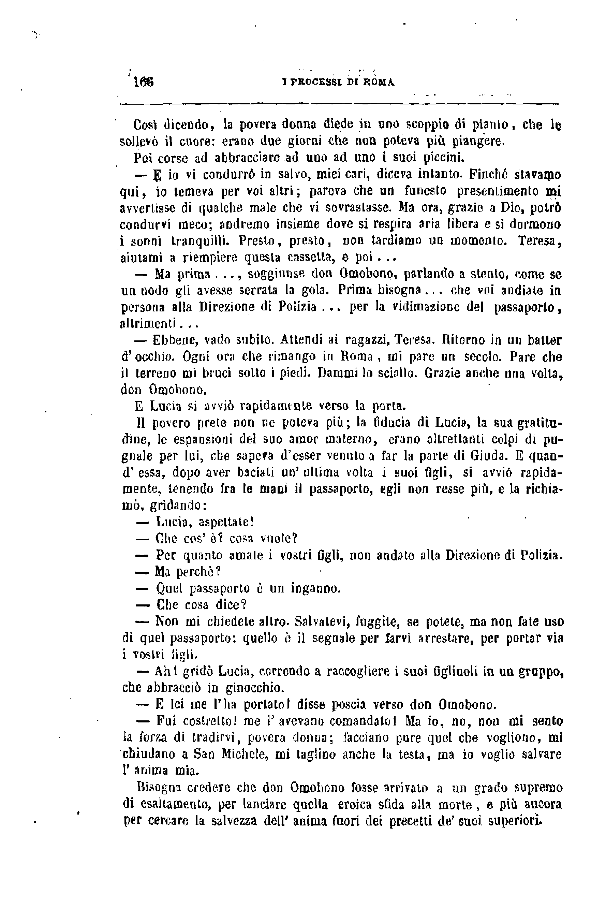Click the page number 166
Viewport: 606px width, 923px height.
[x=143, y=82]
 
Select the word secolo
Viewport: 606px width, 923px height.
[x=482, y=356]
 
